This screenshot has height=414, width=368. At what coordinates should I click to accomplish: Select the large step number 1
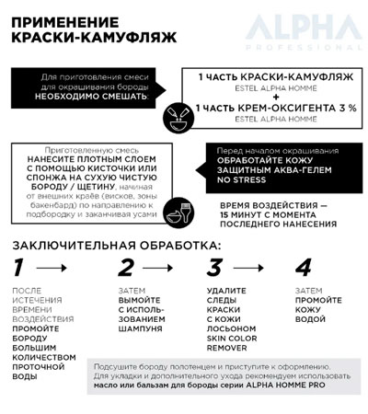click(19, 269)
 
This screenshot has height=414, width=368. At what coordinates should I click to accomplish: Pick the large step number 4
click(302, 269)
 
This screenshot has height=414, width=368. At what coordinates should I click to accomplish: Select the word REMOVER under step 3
click(229, 349)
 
